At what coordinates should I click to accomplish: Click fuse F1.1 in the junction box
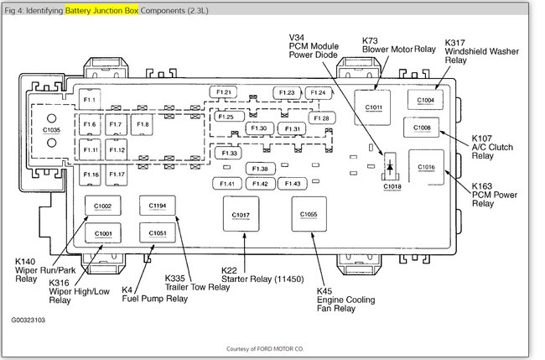[91, 101]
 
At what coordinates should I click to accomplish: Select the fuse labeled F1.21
[226, 92]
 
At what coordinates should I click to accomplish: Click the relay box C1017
[240, 216]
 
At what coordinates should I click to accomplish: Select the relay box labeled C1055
[309, 215]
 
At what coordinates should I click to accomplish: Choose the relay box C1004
[426, 101]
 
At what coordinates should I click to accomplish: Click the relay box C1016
[427, 167]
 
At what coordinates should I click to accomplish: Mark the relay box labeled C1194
[158, 206]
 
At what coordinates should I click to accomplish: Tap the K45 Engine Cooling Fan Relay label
[345, 300]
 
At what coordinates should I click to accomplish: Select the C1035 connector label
[51, 131]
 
